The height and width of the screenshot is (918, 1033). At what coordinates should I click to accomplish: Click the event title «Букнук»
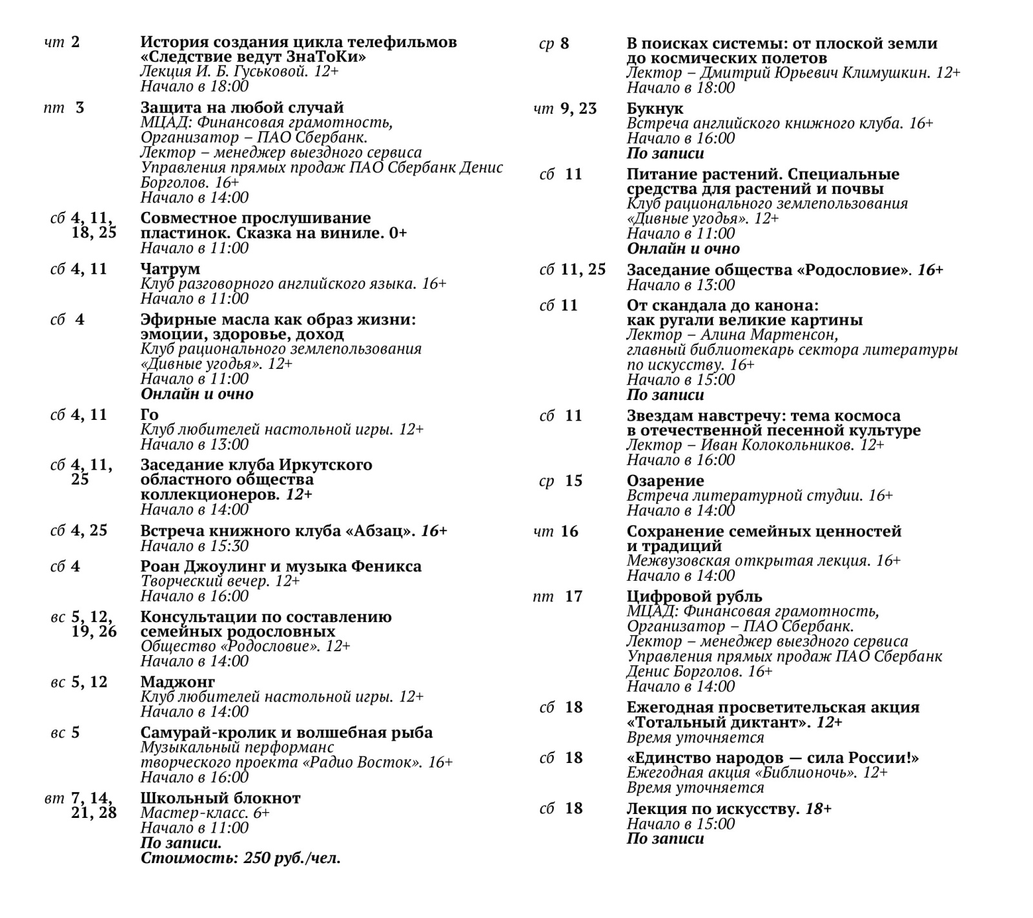click(x=655, y=109)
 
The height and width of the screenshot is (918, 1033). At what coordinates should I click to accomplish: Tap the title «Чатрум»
click(x=170, y=269)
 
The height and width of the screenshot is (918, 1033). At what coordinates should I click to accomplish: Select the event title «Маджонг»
click(x=178, y=682)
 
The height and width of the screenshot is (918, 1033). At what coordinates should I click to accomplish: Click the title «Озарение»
click(x=665, y=481)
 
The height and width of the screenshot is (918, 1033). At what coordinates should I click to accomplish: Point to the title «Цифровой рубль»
click(x=694, y=596)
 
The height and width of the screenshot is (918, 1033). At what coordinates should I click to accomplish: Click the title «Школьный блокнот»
click(x=220, y=798)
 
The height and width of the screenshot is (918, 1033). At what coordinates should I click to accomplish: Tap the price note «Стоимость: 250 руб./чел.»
click(x=240, y=859)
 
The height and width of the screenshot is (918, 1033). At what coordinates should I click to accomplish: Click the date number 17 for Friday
click(x=573, y=596)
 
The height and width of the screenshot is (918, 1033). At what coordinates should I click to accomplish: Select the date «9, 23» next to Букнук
click(x=578, y=109)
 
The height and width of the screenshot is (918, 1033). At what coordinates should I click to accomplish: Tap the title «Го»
click(x=149, y=415)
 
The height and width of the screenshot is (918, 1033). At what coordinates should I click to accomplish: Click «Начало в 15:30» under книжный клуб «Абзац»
click(x=194, y=546)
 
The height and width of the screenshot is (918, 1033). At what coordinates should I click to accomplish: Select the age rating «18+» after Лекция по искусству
click(x=818, y=809)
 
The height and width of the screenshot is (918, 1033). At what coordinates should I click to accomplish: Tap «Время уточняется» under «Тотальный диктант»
click(x=695, y=738)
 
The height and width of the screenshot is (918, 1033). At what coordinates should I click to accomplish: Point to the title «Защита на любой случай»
click(x=241, y=108)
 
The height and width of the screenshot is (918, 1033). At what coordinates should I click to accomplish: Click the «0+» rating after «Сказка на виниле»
click(x=398, y=233)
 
